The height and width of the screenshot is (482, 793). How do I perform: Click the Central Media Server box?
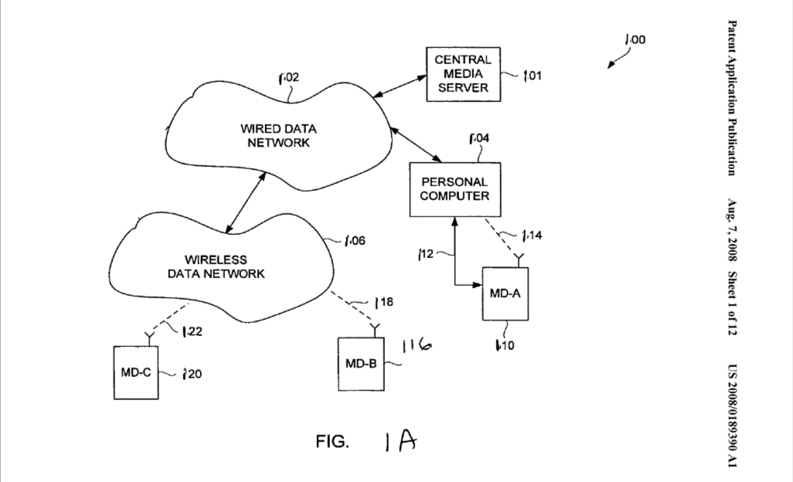[x=461, y=73]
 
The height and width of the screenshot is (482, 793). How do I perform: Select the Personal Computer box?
[x=454, y=189]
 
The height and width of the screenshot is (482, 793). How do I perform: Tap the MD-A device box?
[x=505, y=294]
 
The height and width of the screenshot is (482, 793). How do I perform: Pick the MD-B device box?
[x=362, y=364]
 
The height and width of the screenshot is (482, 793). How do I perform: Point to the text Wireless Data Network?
[x=225, y=266]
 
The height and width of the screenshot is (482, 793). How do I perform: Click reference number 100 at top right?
[x=635, y=39]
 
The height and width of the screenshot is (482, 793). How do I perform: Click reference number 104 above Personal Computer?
[x=478, y=139]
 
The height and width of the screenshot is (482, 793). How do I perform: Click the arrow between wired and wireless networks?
[x=245, y=202]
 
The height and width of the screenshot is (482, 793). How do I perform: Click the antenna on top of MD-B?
[x=376, y=330]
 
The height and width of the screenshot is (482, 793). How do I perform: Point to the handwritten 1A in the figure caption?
[x=400, y=441]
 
